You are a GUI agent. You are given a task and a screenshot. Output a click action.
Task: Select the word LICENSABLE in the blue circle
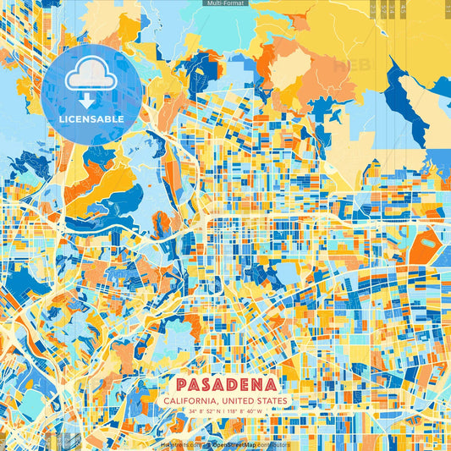[x=91, y=119]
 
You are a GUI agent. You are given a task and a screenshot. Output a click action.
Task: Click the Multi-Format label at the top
[x=224, y=4]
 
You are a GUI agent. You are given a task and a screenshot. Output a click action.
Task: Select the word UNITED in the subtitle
[x=241, y=400]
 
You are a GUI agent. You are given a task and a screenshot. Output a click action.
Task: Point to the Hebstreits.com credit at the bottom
[x=179, y=444]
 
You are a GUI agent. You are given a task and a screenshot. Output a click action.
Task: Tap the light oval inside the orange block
[x=428, y=243]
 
